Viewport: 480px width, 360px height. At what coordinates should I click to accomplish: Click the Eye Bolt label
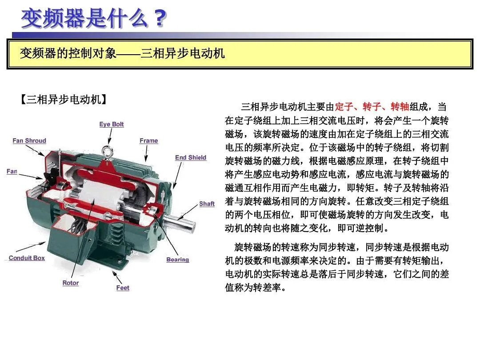111,124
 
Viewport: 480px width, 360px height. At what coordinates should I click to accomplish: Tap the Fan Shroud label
29,141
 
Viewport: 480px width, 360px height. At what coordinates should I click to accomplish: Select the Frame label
148,141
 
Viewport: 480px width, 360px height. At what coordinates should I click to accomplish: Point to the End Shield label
191,158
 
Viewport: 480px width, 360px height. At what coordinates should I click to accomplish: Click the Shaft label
207,204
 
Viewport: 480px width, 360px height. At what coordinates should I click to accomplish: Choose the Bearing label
177,260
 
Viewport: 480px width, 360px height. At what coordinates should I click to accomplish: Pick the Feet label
123,288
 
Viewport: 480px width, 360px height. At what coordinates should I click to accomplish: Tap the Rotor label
70,283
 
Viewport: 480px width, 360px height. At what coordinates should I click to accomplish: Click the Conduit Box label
27,258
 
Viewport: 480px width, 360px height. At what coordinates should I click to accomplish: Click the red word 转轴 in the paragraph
400,107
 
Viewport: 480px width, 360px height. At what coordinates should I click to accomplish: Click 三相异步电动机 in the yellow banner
183,54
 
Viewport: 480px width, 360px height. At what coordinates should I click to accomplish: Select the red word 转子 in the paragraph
372,107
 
